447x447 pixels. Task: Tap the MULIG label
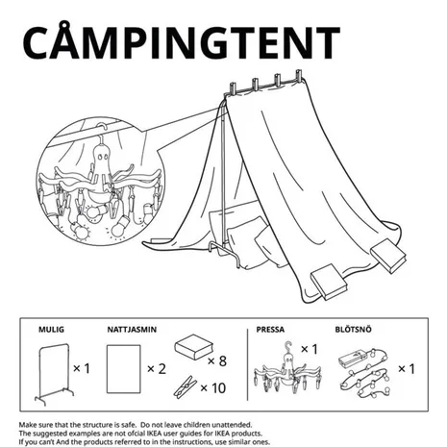coord(51,330)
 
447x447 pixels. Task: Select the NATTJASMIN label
coord(132,330)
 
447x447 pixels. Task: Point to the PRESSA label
coord(270,330)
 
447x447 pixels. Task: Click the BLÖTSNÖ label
coord(354,330)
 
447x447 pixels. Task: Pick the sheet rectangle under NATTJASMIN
coord(124,369)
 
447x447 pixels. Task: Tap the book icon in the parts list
coord(194,347)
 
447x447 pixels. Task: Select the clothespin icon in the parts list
coord(186,386)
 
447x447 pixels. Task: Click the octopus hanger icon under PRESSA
coord(287,368)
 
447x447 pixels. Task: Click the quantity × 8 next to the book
coord(217,361)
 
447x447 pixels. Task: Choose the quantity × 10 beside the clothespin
coord(213,388)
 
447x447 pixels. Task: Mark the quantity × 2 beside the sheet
coord(157,369)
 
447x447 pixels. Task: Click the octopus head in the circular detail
coord(102,157)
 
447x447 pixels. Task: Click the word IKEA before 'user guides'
coord(156,434)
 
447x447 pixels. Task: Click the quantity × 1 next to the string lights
coord(407,369)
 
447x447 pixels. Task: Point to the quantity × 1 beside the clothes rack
coord(82,368)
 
